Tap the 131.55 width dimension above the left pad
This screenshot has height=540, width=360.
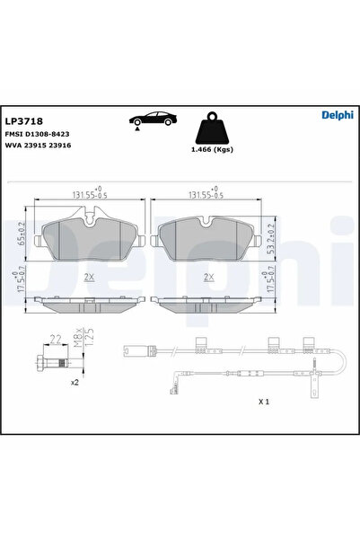click(86, 192)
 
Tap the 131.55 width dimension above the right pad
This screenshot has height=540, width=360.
click(206, 192)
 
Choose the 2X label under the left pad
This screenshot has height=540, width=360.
click(88, 278)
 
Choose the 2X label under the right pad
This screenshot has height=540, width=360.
click(208, 278)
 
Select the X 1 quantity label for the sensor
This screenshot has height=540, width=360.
click(263, 402)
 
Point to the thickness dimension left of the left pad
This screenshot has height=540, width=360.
click(21, 287)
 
